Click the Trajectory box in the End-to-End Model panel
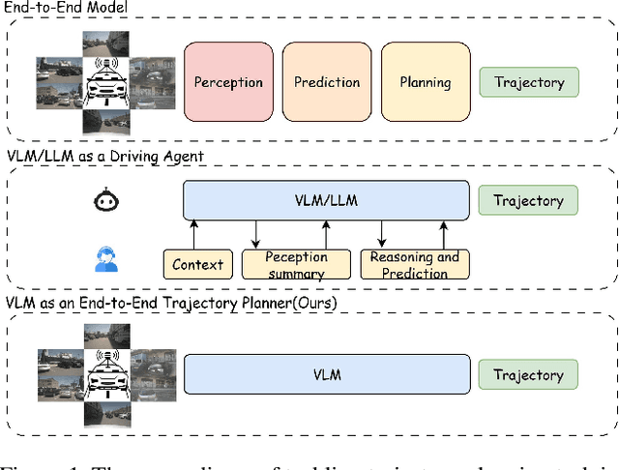[529, 82]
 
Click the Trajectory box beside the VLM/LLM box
[529, 201]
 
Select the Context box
[197, 263]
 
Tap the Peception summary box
[296, 263]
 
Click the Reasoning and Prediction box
[415, 263]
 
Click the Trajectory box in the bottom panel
[529, 375]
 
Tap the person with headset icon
[103, 258]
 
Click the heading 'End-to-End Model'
[66, 8]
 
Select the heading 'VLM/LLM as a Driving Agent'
[104, 157]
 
